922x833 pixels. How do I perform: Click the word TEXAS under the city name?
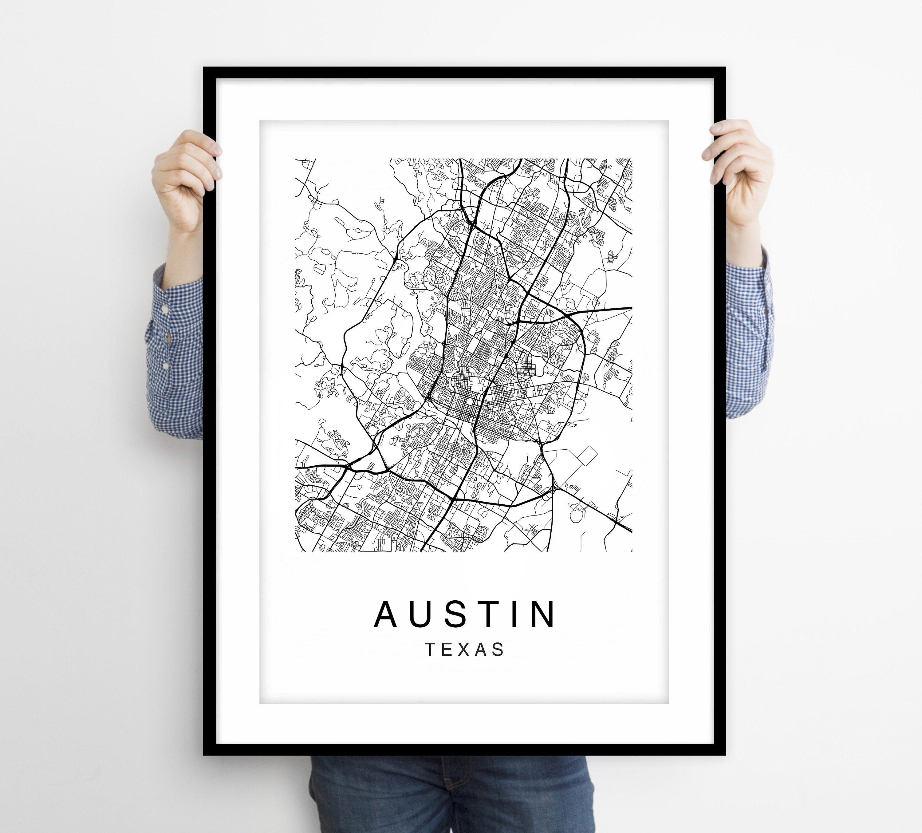click(465, 649)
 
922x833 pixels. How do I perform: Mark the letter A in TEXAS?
click(482, 649)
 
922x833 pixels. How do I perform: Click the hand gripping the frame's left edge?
click(185, 178)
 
